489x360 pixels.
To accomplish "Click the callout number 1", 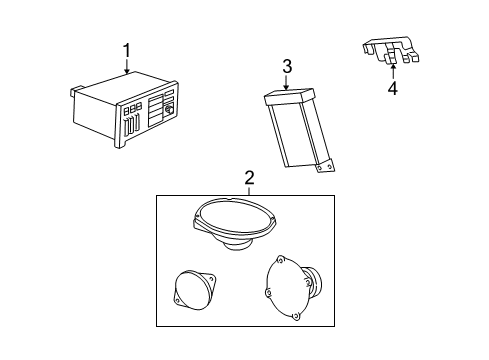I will (x=126, y=49).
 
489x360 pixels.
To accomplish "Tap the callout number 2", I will (x=249, y=178).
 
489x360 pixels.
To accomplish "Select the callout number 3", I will (x=286, y=67).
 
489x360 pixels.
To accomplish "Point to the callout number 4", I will (x=392, y=88).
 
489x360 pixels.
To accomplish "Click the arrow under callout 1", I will (x=126, y=68).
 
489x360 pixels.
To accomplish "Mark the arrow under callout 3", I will (x=286, y=84).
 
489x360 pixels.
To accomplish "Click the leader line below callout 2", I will (x=249, y=191).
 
